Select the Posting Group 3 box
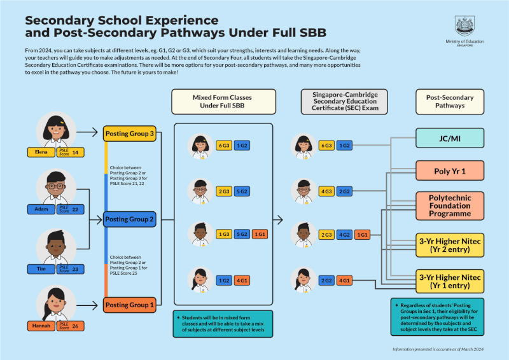pos(130,133)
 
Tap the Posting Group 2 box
pos(130,219)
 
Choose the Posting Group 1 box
pos(130,305)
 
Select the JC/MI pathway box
pos(450,137)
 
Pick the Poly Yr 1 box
pos(450,170)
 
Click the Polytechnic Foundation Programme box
pos(450,205)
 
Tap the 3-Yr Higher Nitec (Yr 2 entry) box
pos(450,244)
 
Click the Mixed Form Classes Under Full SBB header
pos(223,101)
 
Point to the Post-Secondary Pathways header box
pos(449,101)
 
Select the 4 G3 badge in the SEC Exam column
pos(326,191)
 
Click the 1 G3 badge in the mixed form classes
pos(224,234)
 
